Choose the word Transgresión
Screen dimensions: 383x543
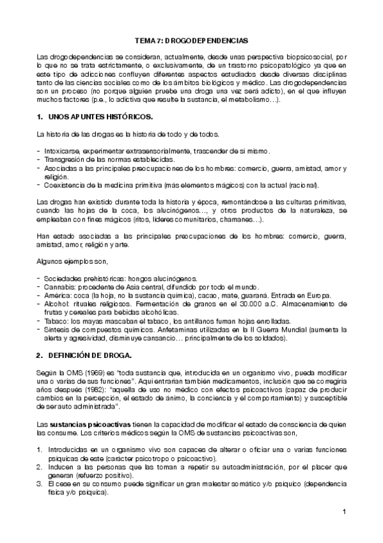[65, 159]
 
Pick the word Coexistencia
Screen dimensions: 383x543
[65, 185]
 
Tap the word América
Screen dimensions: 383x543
[57, 296]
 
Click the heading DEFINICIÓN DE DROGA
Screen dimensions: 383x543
[93, 355]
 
